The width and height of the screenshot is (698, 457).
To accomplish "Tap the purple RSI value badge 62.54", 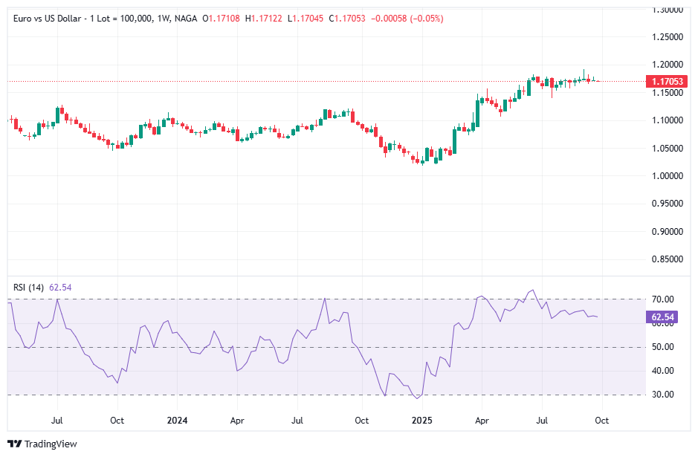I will [662, 317].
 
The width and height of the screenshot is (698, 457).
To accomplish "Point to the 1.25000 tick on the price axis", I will [668, 36].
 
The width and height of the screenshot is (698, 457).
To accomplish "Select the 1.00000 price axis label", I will [668, 176].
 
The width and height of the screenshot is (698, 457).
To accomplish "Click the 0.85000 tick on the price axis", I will [668, 259].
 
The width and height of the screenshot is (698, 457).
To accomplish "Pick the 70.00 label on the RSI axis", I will [662, 299].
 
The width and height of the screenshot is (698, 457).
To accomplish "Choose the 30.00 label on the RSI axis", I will [662, 395].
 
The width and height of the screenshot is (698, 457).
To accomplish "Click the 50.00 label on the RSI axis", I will [662, 347].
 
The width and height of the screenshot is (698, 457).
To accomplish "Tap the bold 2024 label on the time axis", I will [177, 420].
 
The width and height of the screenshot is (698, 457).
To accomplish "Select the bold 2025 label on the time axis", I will [422, 420].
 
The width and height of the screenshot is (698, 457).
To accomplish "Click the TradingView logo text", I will [50, 444].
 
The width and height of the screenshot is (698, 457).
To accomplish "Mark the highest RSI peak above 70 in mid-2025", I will [531, 291].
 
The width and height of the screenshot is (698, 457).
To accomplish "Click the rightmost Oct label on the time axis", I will [602, 420].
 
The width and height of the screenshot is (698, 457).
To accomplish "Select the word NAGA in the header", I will [184, 16].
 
